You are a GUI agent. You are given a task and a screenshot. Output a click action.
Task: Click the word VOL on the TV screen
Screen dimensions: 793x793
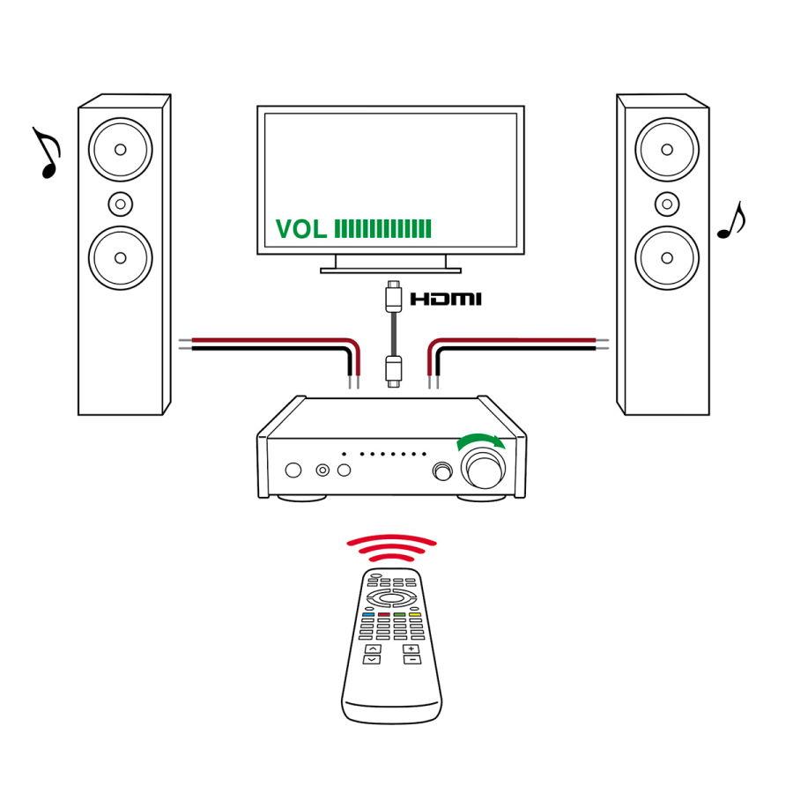(x=301, y=230)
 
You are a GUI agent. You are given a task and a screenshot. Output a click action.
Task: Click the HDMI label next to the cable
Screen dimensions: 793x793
(x=446, y=300)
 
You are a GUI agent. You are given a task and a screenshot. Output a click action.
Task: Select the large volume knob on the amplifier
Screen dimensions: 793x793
(x=482, y=471)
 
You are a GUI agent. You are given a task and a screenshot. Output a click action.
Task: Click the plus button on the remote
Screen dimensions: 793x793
(x=411, y=648)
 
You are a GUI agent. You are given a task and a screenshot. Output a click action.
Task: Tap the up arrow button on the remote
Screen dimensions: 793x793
(x=373, y=648)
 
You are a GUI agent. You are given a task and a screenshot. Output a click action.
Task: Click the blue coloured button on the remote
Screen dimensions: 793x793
(x=368, y=614)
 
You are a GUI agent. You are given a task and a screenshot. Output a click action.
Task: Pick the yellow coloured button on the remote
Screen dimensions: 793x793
(x=415, y=614)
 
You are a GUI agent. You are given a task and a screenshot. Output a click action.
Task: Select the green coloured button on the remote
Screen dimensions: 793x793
(x=399, y=614)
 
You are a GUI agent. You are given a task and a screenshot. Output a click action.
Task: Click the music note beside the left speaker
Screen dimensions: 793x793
(x=47, y=152)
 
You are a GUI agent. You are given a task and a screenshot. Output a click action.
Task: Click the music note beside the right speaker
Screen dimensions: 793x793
(x=731, y=221)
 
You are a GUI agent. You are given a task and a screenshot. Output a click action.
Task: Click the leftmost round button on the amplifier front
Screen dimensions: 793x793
(x=294, y=471)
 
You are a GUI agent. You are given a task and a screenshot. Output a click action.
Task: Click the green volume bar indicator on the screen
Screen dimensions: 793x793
(x=383, y=230)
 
